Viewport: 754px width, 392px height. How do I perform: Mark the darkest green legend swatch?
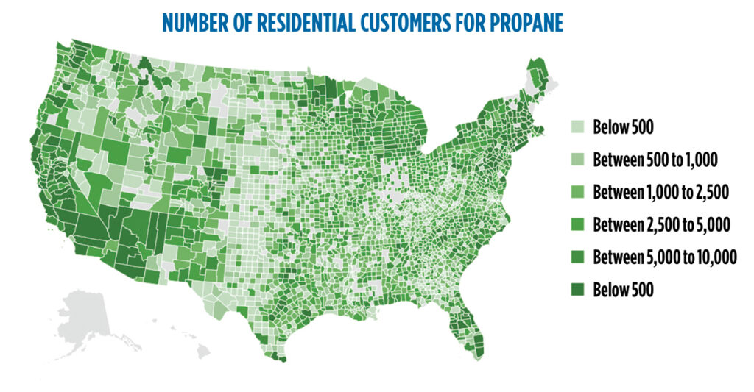(580, 290)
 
